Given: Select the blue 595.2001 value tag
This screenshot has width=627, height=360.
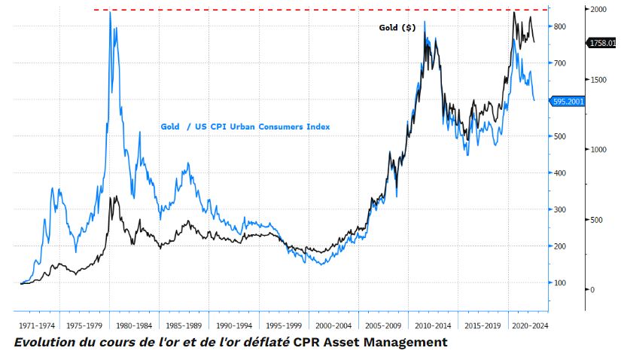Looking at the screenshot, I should pyautogui.click(x=568, y=99).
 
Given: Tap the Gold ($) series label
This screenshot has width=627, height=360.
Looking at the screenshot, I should pyautogui.click(x=397, y=28).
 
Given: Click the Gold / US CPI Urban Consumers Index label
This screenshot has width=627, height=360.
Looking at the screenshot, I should pyautogui.click(x=245, y=127).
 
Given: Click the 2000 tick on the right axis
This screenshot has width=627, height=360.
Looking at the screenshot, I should pyautogui.click(x=599, y=9).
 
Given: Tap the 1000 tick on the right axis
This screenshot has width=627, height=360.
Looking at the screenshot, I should pyautogui.click(x=599, y=149).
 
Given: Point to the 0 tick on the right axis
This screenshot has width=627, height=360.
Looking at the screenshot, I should pyautogui.click(x=592, y=290).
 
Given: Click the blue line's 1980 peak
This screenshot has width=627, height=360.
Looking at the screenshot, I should pyautogui.click(x=111, y=14).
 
